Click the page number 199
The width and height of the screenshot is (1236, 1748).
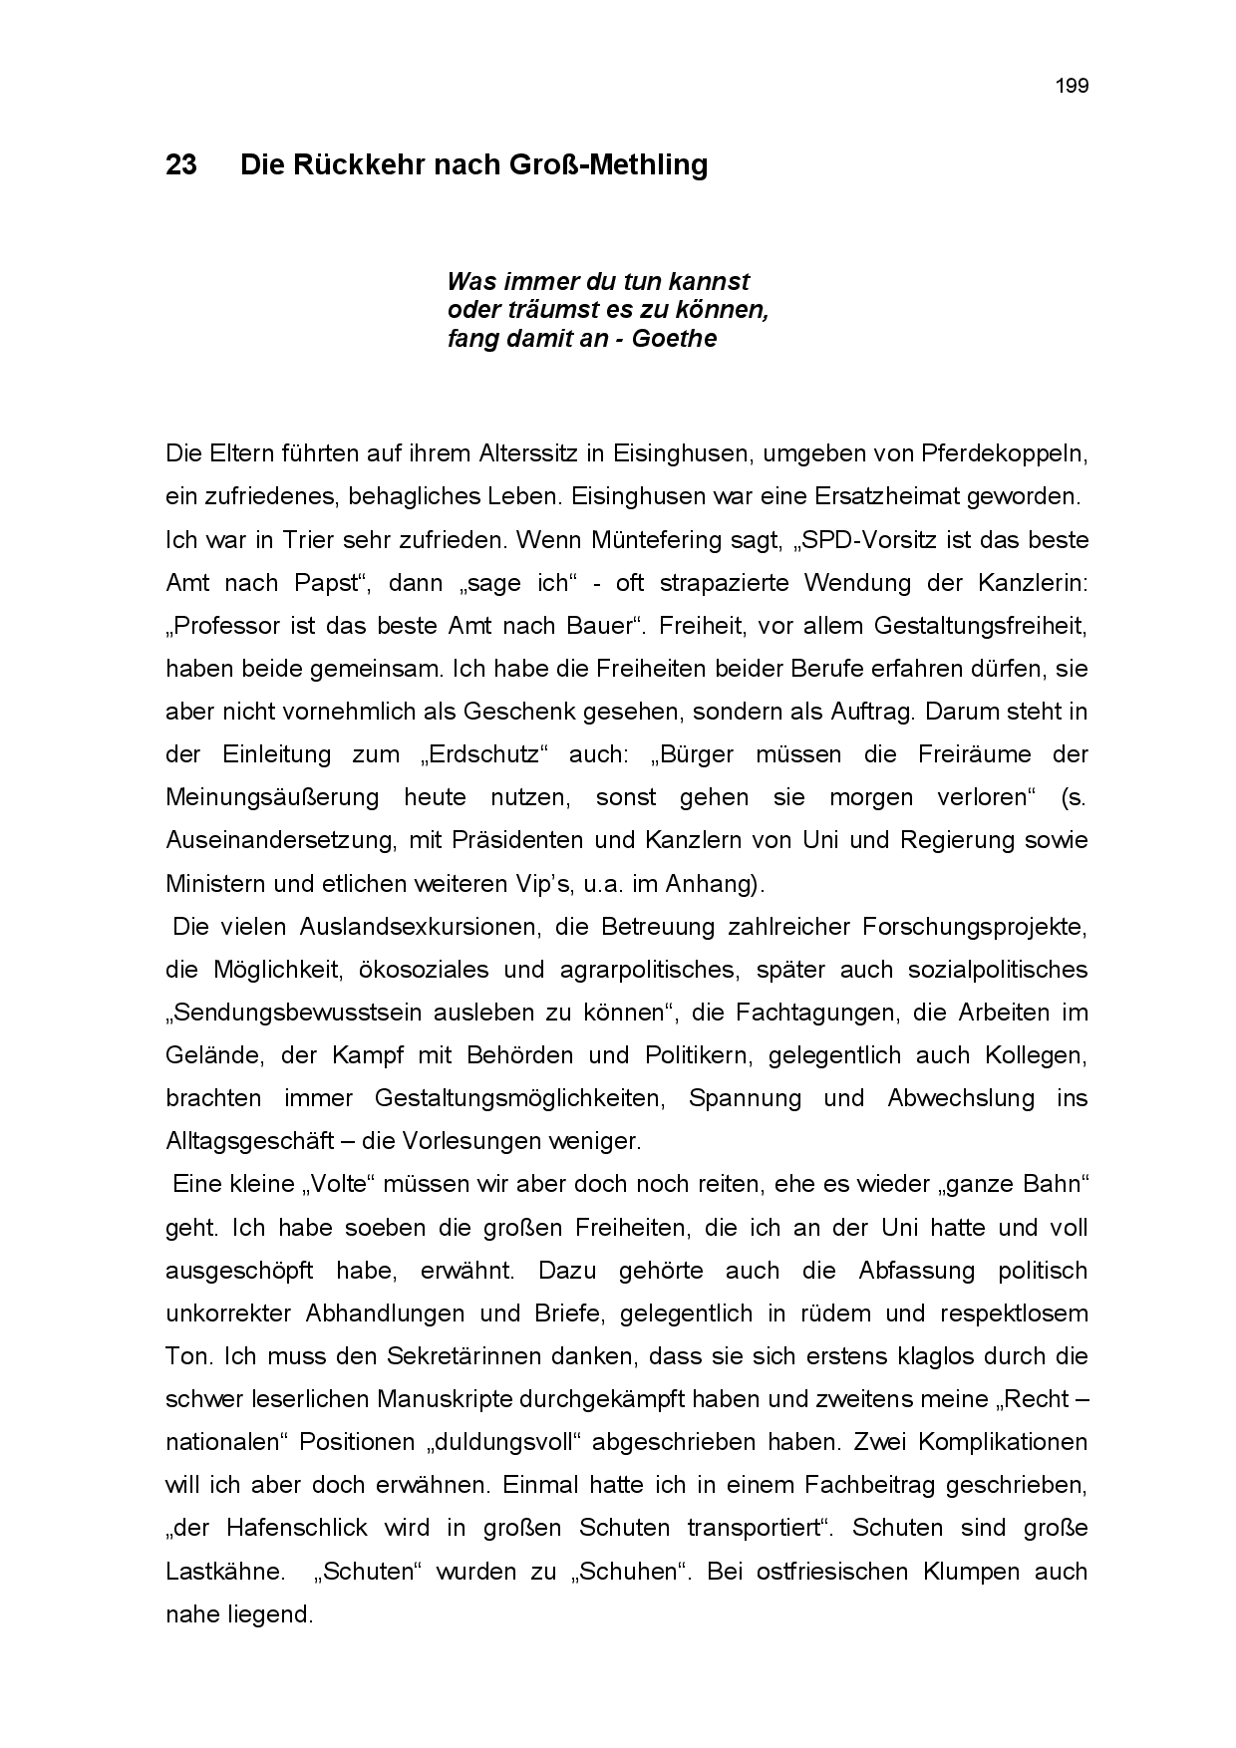pos(1072,86)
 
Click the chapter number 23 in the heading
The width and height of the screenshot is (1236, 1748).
pos(181,165)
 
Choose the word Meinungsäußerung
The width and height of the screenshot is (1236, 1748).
pos(272,797)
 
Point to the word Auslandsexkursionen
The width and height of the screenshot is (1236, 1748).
pos(420,927)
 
